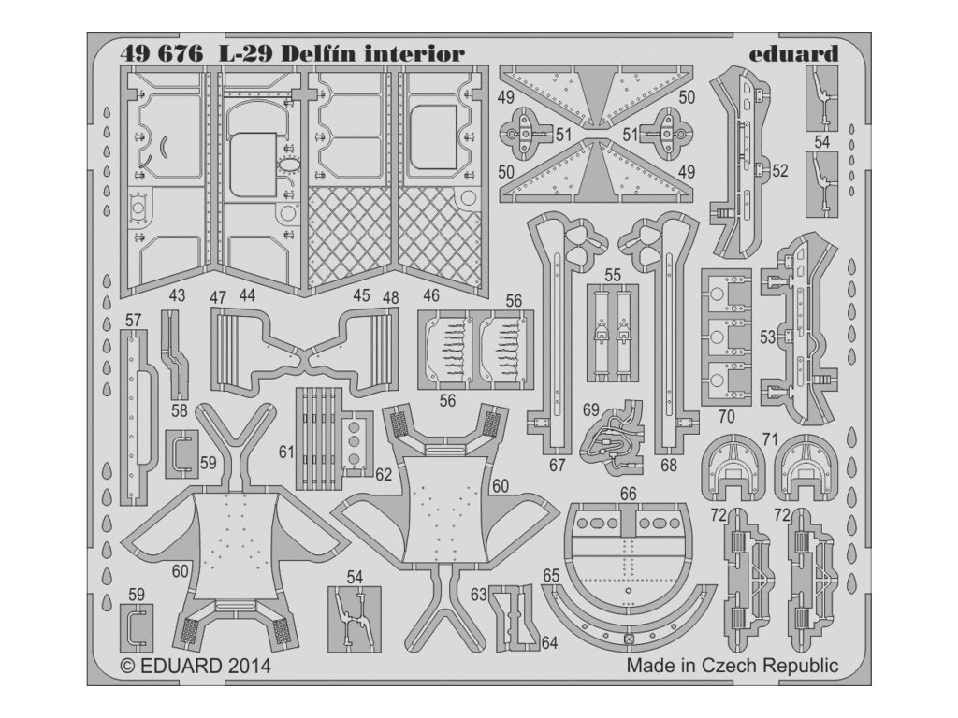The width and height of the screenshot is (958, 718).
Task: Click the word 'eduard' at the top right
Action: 793,54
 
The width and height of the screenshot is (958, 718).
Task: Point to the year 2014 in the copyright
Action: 246,667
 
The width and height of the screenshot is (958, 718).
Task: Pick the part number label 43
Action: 177,295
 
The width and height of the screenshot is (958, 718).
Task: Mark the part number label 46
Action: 431,295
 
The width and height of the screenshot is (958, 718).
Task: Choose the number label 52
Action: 781,171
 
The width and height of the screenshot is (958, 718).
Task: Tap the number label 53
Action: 768,337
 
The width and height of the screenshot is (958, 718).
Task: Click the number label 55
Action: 613,276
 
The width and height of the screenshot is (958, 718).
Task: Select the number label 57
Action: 133,321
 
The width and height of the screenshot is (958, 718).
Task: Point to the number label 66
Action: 629,493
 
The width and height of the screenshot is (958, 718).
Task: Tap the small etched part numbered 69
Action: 617,434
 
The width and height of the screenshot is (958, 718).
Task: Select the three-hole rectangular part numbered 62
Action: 356,439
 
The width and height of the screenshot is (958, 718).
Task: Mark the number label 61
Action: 286,452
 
